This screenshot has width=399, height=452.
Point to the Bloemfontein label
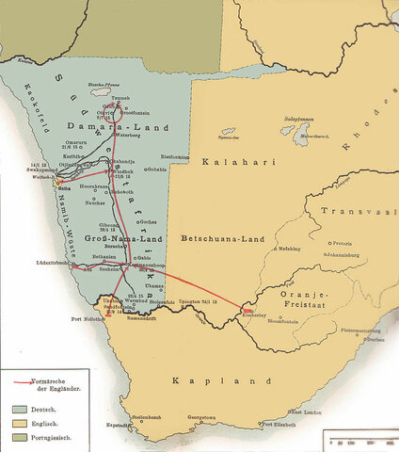(x=285, y=321)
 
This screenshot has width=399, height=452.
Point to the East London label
(x=310, y=412)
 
